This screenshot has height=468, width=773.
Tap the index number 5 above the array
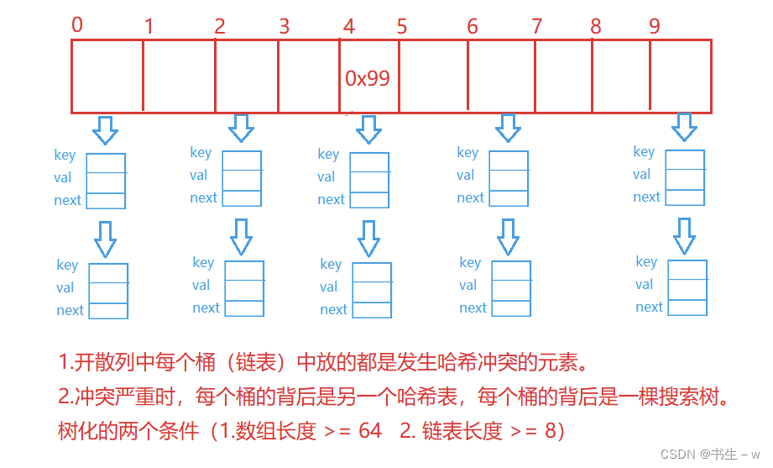pyautogui.click(x=402, y=26)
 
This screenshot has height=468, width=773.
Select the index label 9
pyautogui.click(x=655, y=26)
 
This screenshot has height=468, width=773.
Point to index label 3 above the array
pyautogui.click(x=284, y=26)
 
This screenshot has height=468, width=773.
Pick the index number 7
pyautogui.click(x=537, y=26)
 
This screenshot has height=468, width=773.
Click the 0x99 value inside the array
pyautogui.click(x=368, y=78)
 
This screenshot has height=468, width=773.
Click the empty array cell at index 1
pyautogui.click(x=179, y=76)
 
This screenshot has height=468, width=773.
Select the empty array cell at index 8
pyautogui.click(x=621, y=76)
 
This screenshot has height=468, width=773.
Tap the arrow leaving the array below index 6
pyautogui.click(x=507, y=128)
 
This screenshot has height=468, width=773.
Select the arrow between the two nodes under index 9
pyautogui.click(x=685, y=235)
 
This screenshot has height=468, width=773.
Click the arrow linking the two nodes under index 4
pyautogui.click(x=368, y=238)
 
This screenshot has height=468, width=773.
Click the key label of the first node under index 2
pyautogui.click(x=201, y=152)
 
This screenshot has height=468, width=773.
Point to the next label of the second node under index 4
pyautogui.click(x=333, y=309)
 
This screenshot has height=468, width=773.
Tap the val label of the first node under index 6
pyautogui.click(x=466, y=175)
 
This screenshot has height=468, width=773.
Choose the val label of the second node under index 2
pyautogui.click(x=201, y=285)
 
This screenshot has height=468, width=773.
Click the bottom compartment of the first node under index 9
pyautogui.click(x=686, y=197)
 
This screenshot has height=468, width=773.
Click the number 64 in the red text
pyautogui.click(x=369, y=431)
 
